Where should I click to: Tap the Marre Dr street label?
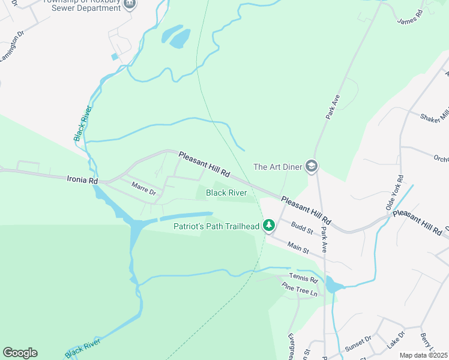tap(143, 189)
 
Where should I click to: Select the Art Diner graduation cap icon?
tap(312, 167)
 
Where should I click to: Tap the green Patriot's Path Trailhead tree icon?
tap(270, 226)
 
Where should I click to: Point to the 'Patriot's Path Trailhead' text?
tap(216, 226)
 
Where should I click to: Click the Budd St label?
tap(302, 228)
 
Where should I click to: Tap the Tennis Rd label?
tap(303, 279)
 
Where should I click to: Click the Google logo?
tap(20, 353)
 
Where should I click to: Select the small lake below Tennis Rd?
tap(332, 284)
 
